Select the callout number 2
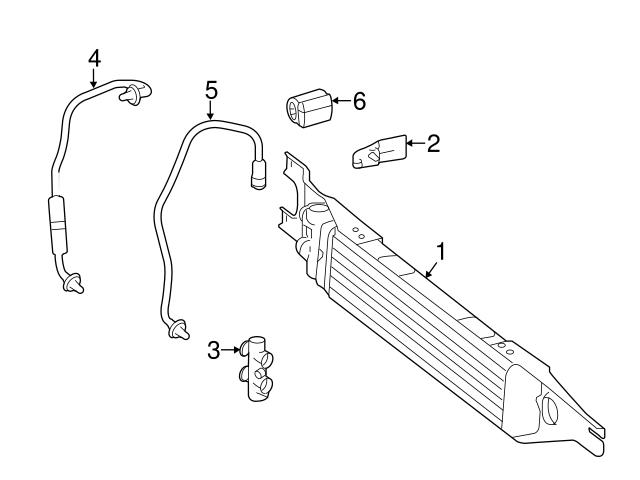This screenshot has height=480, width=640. coord(433,144)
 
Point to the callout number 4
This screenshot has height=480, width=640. coord(94,58)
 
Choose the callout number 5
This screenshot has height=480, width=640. coord(211,90)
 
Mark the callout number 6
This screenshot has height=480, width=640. coord(359,100)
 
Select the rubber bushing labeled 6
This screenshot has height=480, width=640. coord(307,106)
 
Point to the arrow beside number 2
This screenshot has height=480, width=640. coord(413,144)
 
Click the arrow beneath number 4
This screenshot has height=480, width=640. coord(94,79)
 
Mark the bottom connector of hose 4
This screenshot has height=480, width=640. coord(73,284)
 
